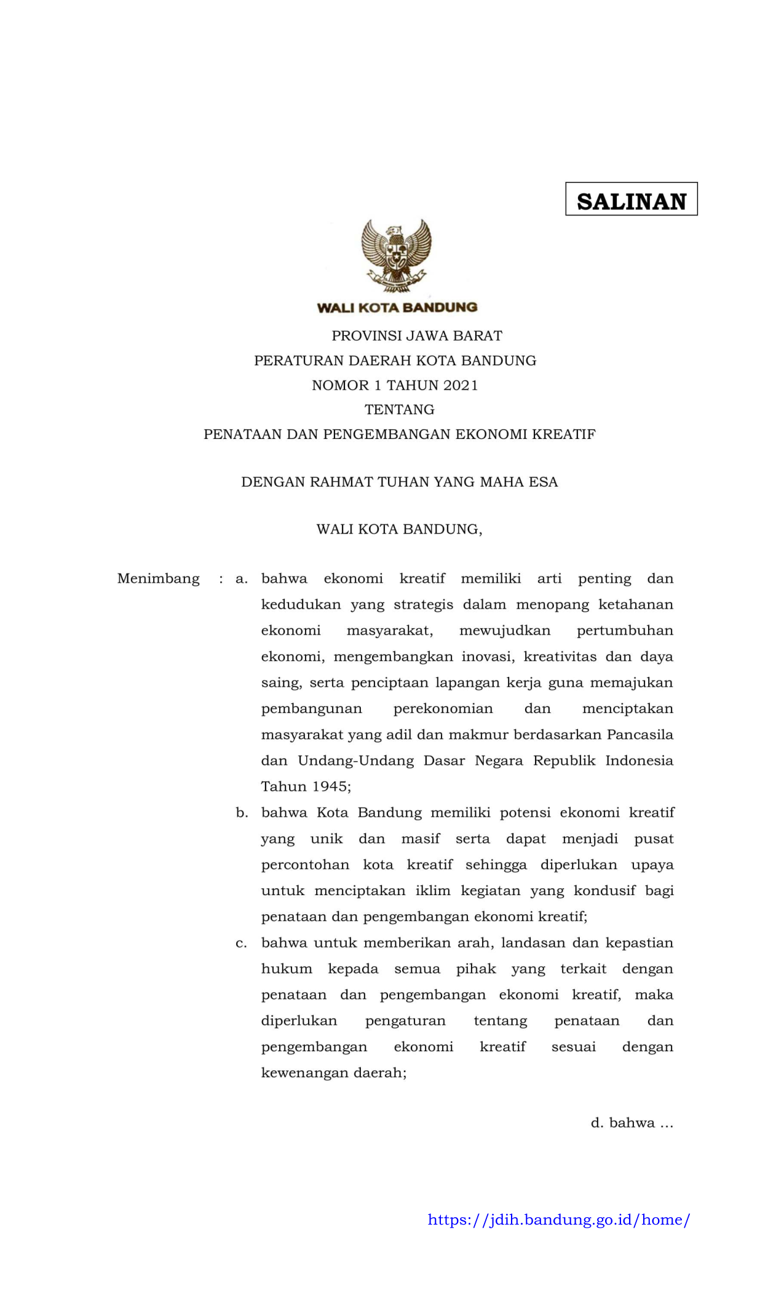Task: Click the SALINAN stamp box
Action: (x=631, y=199)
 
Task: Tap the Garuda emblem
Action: (x=397, y=255)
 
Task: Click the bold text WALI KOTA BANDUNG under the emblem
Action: (x=397, y=307)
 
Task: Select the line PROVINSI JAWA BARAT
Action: (x=417, y=336)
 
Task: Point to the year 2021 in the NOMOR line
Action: (x=460, y=385)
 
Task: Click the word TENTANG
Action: (x=399, y=409)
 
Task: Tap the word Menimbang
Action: (x=158, y=578)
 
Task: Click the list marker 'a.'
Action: (x=242, y=578)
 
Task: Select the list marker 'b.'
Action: (x=242, y=813)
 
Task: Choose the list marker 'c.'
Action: (x=241, y=943)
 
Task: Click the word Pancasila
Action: (x=639, y=735)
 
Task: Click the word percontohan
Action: (x=305, y=865)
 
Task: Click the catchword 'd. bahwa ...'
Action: (x=632, y=1123)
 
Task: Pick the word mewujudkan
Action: (x=505, y=631)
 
